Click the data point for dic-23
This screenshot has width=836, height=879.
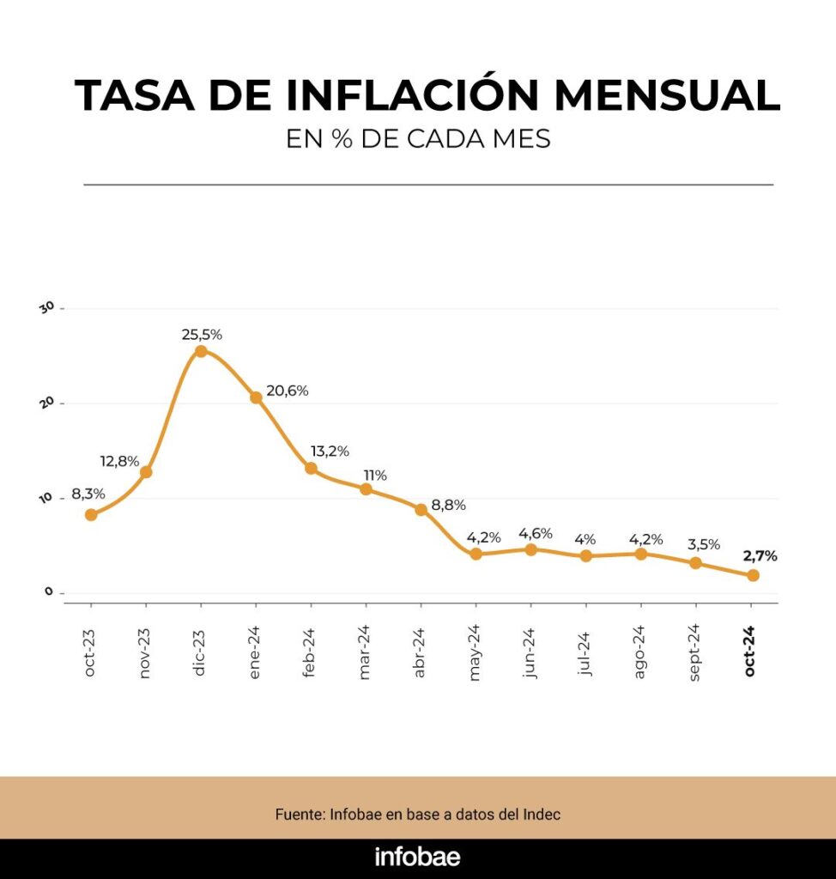[x=201, y=351]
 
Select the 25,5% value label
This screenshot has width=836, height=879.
[x=202, y=334]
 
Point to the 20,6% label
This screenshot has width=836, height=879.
[x=288, y=391]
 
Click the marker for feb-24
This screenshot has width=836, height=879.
[x=311, y=469]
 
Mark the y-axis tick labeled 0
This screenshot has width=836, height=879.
[x=49, y=592]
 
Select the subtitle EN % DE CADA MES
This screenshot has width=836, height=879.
[x=418, y=139]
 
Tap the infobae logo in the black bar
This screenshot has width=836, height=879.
[x=417, y=857]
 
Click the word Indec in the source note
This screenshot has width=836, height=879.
[x=542, y=814]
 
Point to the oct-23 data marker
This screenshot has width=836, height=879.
[x=91, y=515]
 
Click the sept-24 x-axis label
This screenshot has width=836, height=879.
[x=696, y=652]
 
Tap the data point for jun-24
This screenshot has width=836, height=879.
[x=530, y=549]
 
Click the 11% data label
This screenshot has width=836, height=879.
[x=375, y=475]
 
